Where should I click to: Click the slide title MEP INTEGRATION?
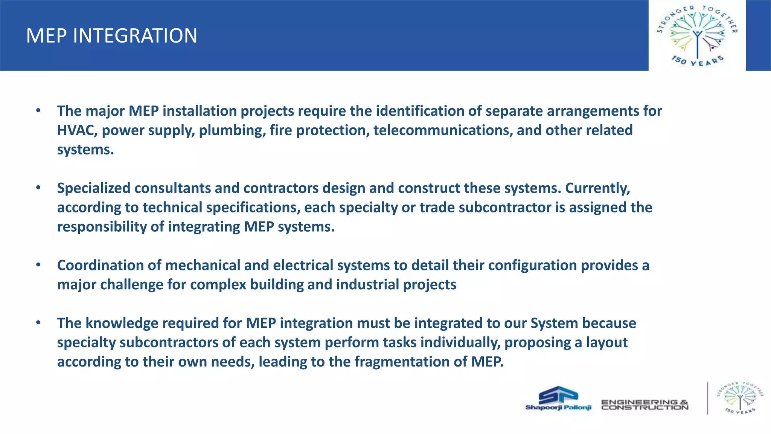pos(111,36)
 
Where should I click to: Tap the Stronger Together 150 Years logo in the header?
pos(697,36)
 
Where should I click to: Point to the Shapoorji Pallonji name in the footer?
pos(558,407)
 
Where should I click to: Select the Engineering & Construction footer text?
pos(645,405)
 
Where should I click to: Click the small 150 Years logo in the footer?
pos(740,398)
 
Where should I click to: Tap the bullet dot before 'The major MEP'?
pos(38,111)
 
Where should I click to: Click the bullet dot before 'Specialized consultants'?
pos(38,188)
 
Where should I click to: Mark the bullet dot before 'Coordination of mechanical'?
pos(38,265)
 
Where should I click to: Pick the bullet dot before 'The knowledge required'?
pos(38,323)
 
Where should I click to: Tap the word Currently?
pos(597,188)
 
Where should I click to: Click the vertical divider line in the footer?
pos(707,398)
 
